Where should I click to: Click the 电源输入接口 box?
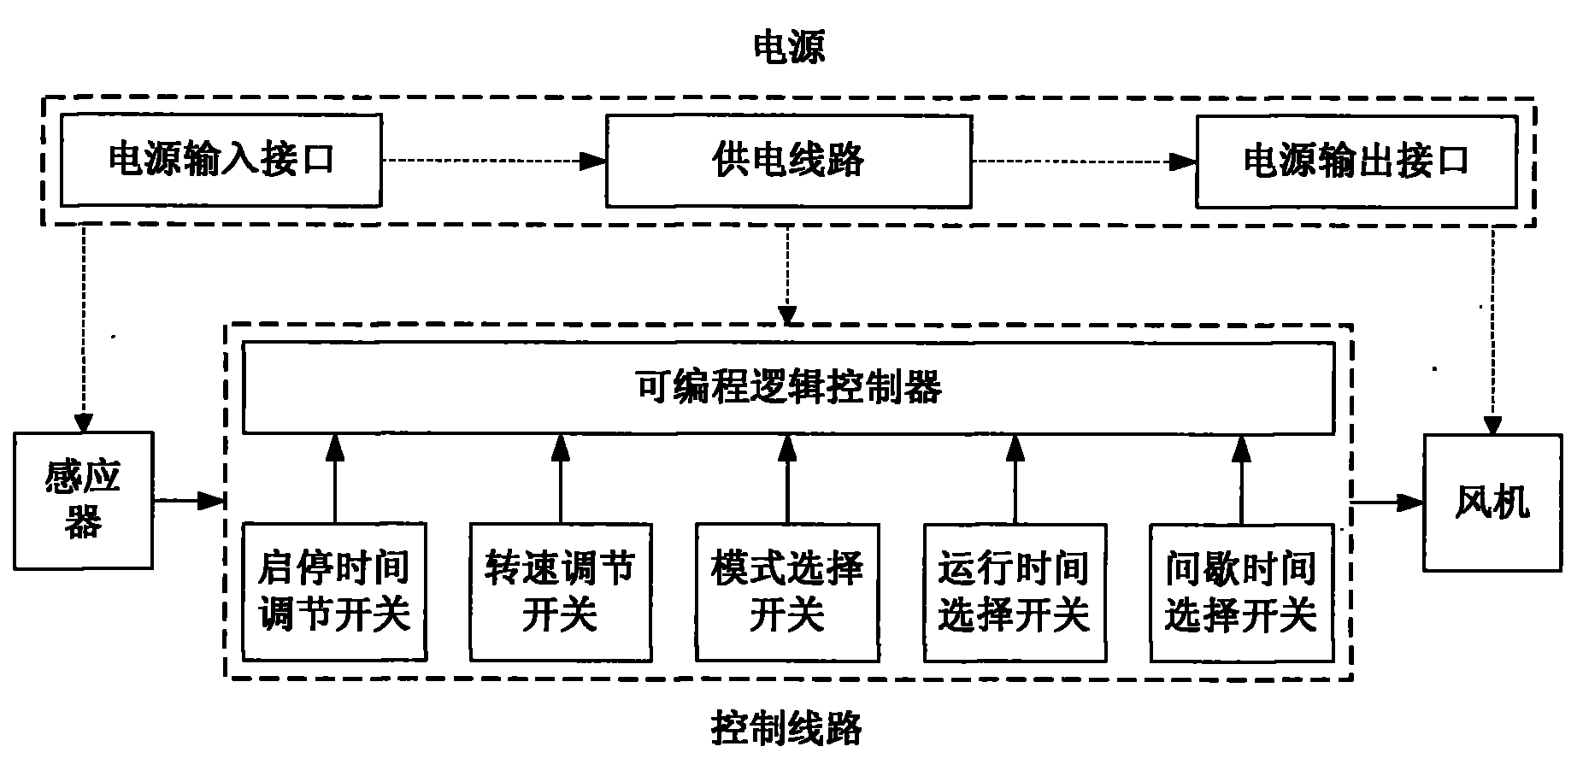221,161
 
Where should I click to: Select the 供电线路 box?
787,161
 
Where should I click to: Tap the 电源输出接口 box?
1356,161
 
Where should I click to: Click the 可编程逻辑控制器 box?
787,387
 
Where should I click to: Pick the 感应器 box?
83,500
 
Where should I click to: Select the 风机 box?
1492,503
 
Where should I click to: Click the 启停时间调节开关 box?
334,591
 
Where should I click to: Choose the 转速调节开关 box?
560,591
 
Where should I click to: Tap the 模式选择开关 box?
787,591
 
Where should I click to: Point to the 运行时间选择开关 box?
1015,591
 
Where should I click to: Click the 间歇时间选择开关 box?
1241,591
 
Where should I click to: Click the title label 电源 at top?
787,48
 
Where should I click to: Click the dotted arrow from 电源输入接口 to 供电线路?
493,161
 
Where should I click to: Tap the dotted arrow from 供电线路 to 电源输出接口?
1083,161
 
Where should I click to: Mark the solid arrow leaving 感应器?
188,501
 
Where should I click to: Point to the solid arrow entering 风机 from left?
1387,503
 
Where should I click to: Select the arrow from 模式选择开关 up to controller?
787,479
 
